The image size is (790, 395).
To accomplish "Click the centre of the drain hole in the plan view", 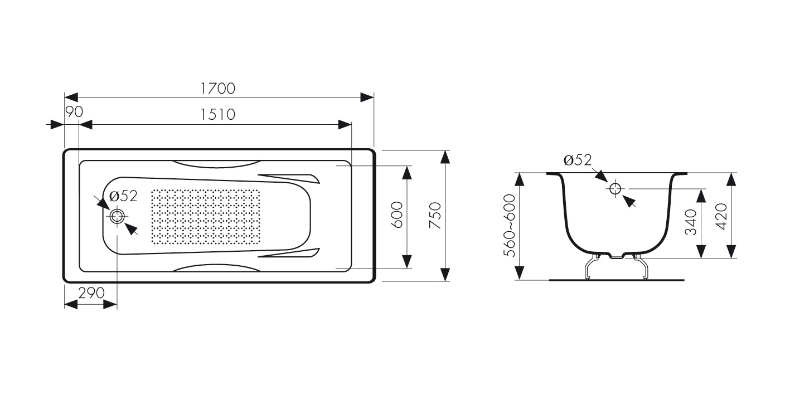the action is pyautogui.click(x=117, y=216).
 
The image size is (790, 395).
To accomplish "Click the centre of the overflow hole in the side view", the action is pyautogui.click(x=615, y=189).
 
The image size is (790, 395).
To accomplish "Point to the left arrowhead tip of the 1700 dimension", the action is pyautogui.click(x=65, y=97).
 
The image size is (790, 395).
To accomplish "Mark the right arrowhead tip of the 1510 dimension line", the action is pyautogui.click(x=352, y=124).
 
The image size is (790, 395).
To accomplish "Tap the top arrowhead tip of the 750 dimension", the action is pyautogui.click(x=445, y=150).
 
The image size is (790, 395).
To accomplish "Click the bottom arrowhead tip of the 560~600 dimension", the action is pyautogui.click(x=519, y=280).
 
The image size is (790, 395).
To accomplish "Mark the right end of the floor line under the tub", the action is pyautogui.click(x=684, y=280).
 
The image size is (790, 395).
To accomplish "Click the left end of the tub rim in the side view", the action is pyautogui.click(x=547, y=173).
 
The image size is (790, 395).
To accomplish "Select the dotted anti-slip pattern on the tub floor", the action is pyautogui.click(x=206, y=216).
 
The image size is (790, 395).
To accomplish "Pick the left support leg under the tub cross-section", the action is pyautogui.click(x=592, y=266).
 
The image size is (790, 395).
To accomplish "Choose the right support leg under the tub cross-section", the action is pyautogui.click(x=641, y=266).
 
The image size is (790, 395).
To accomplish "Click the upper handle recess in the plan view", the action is pyautogui.click(x=216, y=164).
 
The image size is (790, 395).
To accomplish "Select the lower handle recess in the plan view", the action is pyautogui.click(x=216, y=268).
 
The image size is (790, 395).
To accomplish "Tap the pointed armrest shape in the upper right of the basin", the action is pyautogui.click(x=289, y=178).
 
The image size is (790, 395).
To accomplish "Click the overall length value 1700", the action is pyautogui.click(x=217, y=89).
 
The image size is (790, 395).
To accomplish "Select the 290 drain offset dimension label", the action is pyautogui.click(x=91, y=293).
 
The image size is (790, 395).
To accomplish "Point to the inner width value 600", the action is pyautogui.click(x=397, y=215).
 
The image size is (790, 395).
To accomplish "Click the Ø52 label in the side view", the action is pyautogui.click(x=578, y=160).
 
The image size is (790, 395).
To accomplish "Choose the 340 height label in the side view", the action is pyautogui.click(x=691, y=222).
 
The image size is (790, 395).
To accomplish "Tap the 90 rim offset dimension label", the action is pyautogui.click(x=74, y=111).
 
